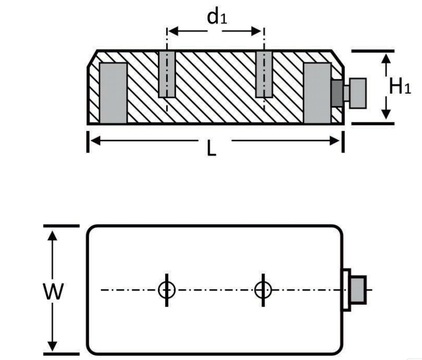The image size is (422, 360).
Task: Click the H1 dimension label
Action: click(x=399, y=86)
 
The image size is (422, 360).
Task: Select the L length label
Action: click(x=212, y=149)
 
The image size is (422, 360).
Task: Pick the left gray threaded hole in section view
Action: click(x=167, y=74)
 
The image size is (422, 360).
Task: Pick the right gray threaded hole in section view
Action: click(x=264, y=74)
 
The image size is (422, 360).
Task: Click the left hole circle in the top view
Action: click(x=167, y=289)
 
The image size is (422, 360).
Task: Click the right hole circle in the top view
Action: click(x=263, y=289)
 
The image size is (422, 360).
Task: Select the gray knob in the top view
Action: click(x=359, y=289)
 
